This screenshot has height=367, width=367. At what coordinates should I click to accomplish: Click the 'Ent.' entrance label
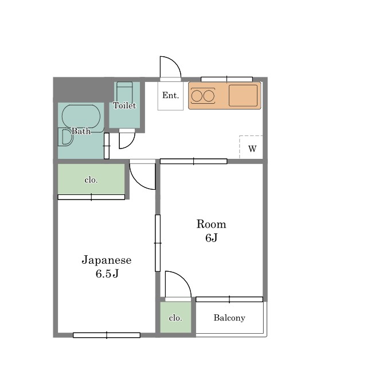(170, 95)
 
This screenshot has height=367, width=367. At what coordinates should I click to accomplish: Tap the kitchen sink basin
(243, 96)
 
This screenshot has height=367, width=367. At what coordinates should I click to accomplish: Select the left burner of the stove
(197, 96)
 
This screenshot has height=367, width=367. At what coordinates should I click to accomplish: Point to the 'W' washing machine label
(252, 149)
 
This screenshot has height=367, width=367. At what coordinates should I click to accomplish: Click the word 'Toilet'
(124, 106)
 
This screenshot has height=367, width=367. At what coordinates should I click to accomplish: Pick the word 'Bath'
(81, 131)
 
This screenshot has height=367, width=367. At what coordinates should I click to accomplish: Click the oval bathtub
(81, 116)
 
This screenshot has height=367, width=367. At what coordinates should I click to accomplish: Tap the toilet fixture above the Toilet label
(124, 92)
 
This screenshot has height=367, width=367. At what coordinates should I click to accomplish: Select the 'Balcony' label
(229, 318)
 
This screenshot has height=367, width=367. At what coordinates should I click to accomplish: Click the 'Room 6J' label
(212, 231)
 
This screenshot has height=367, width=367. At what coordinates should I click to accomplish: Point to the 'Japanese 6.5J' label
(107, 267)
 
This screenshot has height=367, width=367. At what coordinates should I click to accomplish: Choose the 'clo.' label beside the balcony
(175, 318)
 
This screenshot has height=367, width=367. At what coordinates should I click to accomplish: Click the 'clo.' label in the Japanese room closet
(91, 180)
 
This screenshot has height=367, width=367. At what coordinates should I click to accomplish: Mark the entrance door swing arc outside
(175, 61)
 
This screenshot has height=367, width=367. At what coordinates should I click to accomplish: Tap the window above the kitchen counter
(227, 79)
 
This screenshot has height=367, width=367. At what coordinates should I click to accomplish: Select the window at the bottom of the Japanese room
(107, 335)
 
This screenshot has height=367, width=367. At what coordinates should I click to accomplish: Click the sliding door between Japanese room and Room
(158, 243)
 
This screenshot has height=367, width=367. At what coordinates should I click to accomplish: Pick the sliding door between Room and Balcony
(229, 299)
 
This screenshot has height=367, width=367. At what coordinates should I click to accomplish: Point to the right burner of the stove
(209, 96)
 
